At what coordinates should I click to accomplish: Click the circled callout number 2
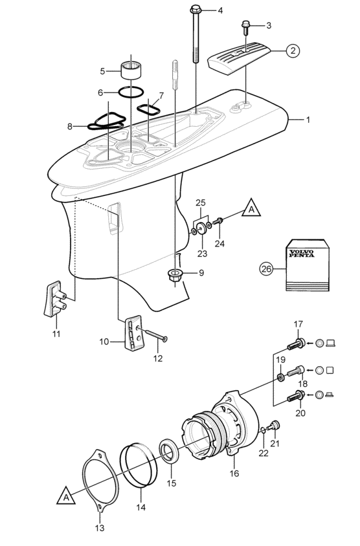(293, 50)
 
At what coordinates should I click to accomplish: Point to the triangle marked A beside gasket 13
(67, 496)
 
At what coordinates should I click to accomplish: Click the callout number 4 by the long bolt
(219, 11)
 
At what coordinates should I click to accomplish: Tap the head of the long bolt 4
(196, 10)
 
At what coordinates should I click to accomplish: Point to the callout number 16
(234, 474)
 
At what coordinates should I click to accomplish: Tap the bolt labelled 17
(299, 344)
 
